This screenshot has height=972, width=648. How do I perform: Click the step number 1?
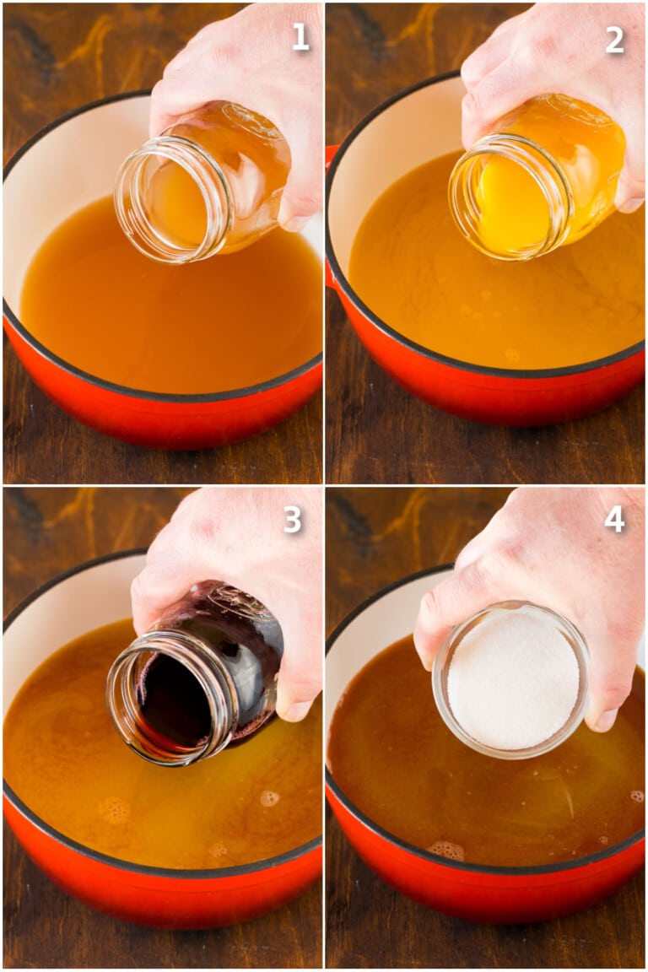[300, 36]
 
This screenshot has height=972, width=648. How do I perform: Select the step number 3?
[292, 520]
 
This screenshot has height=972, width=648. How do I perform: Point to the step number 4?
[615, 520]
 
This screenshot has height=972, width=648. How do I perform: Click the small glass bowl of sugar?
[510, 679]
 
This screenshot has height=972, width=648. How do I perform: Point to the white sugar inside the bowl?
[513, 679]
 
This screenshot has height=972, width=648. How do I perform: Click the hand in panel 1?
[245, 67]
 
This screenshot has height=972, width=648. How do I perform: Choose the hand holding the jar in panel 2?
[557, 76]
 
